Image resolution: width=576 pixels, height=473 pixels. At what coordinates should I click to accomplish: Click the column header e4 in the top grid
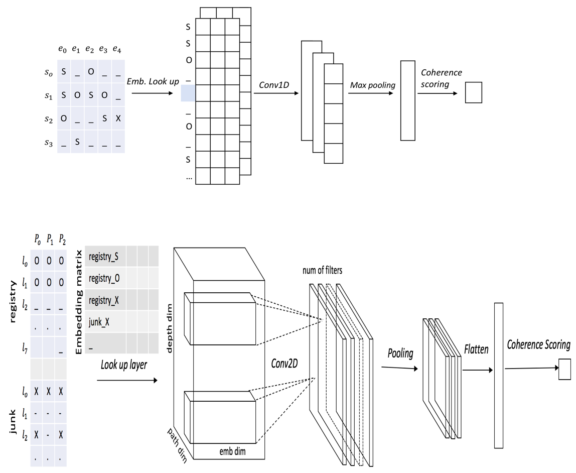pyautogui.click(x=117, y=49)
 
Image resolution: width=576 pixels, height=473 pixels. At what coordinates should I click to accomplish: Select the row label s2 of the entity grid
pyautogui.click(x=49, y=119)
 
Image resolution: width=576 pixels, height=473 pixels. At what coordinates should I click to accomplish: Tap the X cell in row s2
pyautogui.click(x=118, y=119)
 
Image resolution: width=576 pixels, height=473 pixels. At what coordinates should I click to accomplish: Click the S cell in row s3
pyautogui.click(x=77, y=142)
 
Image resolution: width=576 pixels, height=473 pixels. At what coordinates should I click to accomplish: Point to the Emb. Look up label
pyautogui.click(x=153, y=81)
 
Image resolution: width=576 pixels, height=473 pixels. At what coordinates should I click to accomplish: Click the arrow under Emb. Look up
pyautogui.click(x=152, y=93)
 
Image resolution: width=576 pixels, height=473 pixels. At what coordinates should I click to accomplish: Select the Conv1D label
pyautogui.click(x=274, y=85)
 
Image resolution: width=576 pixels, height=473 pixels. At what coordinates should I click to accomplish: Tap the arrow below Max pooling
pyautogui.click(x=371, y=93)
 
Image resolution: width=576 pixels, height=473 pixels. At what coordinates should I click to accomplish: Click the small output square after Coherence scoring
pyautogui.click(x=474, y=92)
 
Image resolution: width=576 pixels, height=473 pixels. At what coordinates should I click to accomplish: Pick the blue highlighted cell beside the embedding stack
pyautogui.click(x=188, y=93)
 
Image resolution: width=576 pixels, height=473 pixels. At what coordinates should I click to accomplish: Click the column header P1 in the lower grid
pyautogui.click(x=50, y=240)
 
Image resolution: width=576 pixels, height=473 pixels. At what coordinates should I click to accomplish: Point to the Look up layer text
pyautogui.click(x=124, y=365)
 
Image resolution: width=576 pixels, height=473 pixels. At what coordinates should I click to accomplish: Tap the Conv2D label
pyautogui.click(x=284, y=364)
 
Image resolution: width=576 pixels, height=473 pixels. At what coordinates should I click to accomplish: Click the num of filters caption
pyautogui.click(x=322, y=271)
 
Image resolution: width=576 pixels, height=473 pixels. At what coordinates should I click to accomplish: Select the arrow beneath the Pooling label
pyautogui.click(x=400, y=368)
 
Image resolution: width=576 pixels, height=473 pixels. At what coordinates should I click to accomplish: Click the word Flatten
pyautogui.click(x=476, y=349)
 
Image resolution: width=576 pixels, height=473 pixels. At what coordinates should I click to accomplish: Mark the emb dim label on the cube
pyautogui.click(x=232, y=451)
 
